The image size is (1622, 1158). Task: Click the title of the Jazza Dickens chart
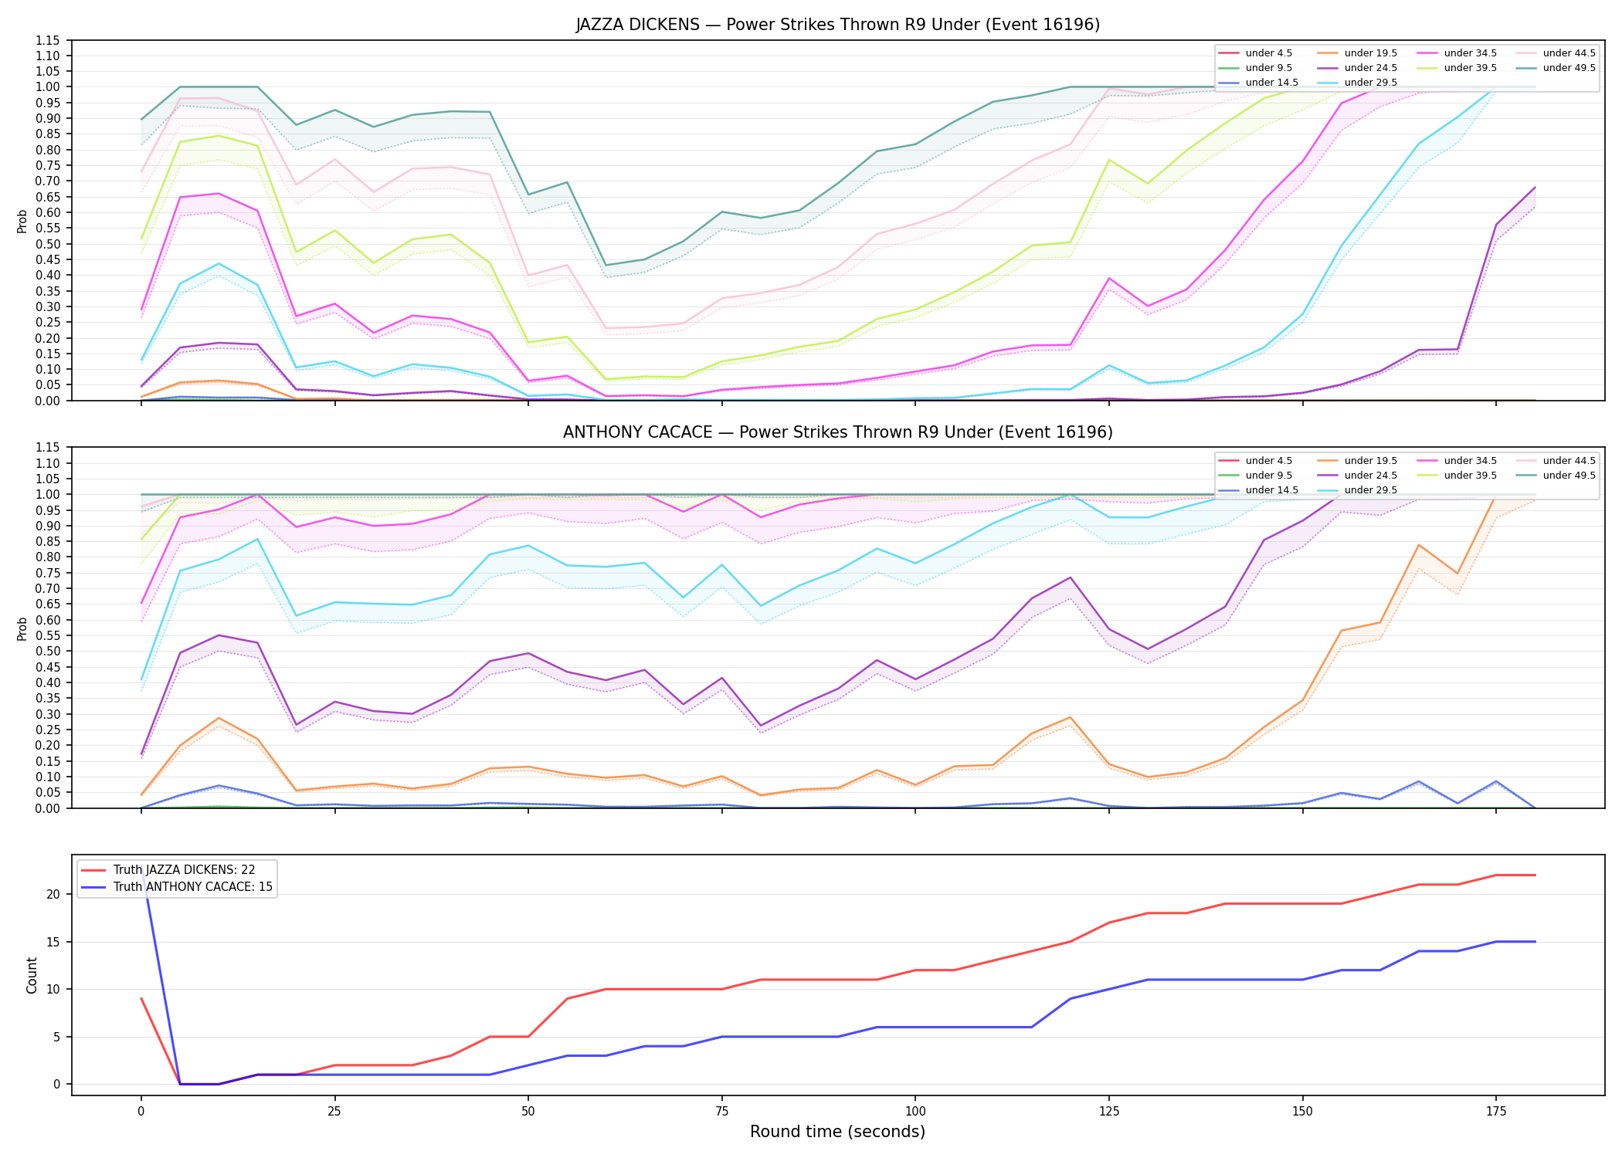coord(837,25)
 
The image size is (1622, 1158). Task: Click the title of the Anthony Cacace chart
coord(837,432)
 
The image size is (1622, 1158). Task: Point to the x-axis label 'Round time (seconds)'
coord(837,1132)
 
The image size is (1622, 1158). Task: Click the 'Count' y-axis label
coord(32,975)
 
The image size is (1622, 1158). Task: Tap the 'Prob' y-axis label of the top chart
coord(22,221)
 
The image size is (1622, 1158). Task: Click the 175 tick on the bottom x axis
coord(1496,1112)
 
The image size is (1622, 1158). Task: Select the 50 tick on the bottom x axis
coord(528,1112)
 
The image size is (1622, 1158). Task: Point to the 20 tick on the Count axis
coord(54,894)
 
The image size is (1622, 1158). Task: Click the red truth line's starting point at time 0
coord(141,998)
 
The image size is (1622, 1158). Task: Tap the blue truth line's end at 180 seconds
coord(1535,942)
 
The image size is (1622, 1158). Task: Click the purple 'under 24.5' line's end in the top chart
coord(1535,187)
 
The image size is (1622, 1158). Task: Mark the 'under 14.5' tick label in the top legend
coord(1272,83)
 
